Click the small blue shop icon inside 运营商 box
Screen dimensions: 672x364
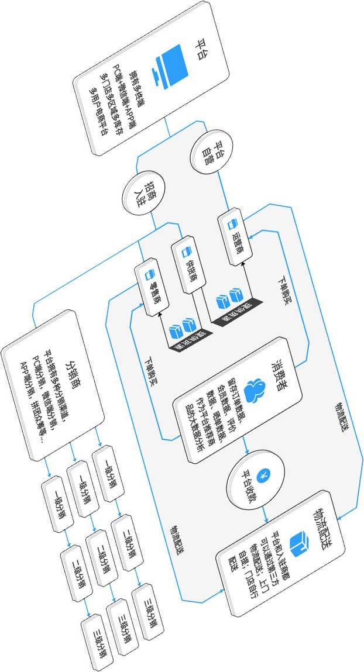(x=231, y=222)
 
